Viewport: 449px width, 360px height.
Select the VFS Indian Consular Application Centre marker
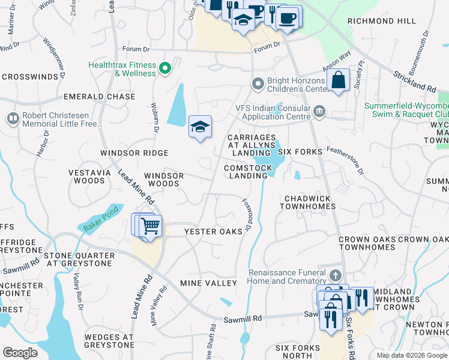(320, 110)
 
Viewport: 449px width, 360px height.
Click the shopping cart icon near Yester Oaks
(150, 226)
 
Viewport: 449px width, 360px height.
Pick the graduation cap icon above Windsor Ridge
(200, 127)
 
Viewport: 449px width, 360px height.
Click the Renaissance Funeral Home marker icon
(336, 277)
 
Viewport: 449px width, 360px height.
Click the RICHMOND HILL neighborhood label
(382, 21)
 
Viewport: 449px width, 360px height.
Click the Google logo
(20, 353)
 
